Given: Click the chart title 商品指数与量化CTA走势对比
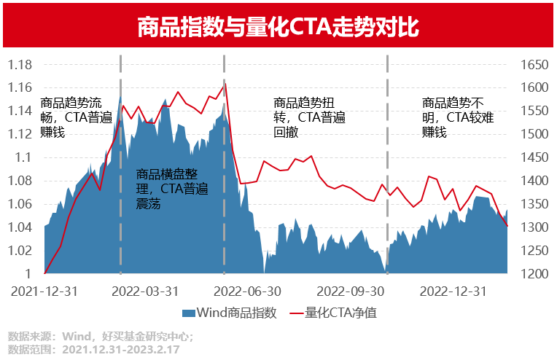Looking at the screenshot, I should (278, 28).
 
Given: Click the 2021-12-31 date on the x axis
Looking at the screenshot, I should (45, 291).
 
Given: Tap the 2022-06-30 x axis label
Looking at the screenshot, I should (251, 291).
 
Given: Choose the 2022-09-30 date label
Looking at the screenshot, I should (353, 291).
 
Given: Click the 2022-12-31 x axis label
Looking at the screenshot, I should (455, 291).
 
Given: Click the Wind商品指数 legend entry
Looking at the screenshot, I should (230, 313).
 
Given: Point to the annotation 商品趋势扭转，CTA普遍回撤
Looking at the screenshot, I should (309, 118).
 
